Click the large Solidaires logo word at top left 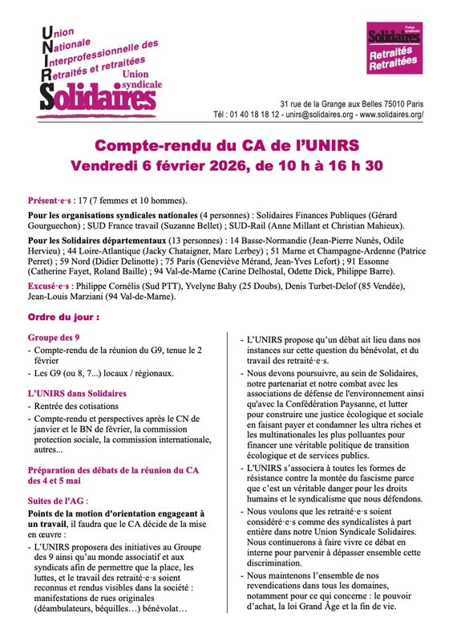98,98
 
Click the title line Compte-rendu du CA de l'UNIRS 226,145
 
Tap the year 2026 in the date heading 236,166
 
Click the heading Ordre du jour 61,318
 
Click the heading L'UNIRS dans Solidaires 78,393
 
